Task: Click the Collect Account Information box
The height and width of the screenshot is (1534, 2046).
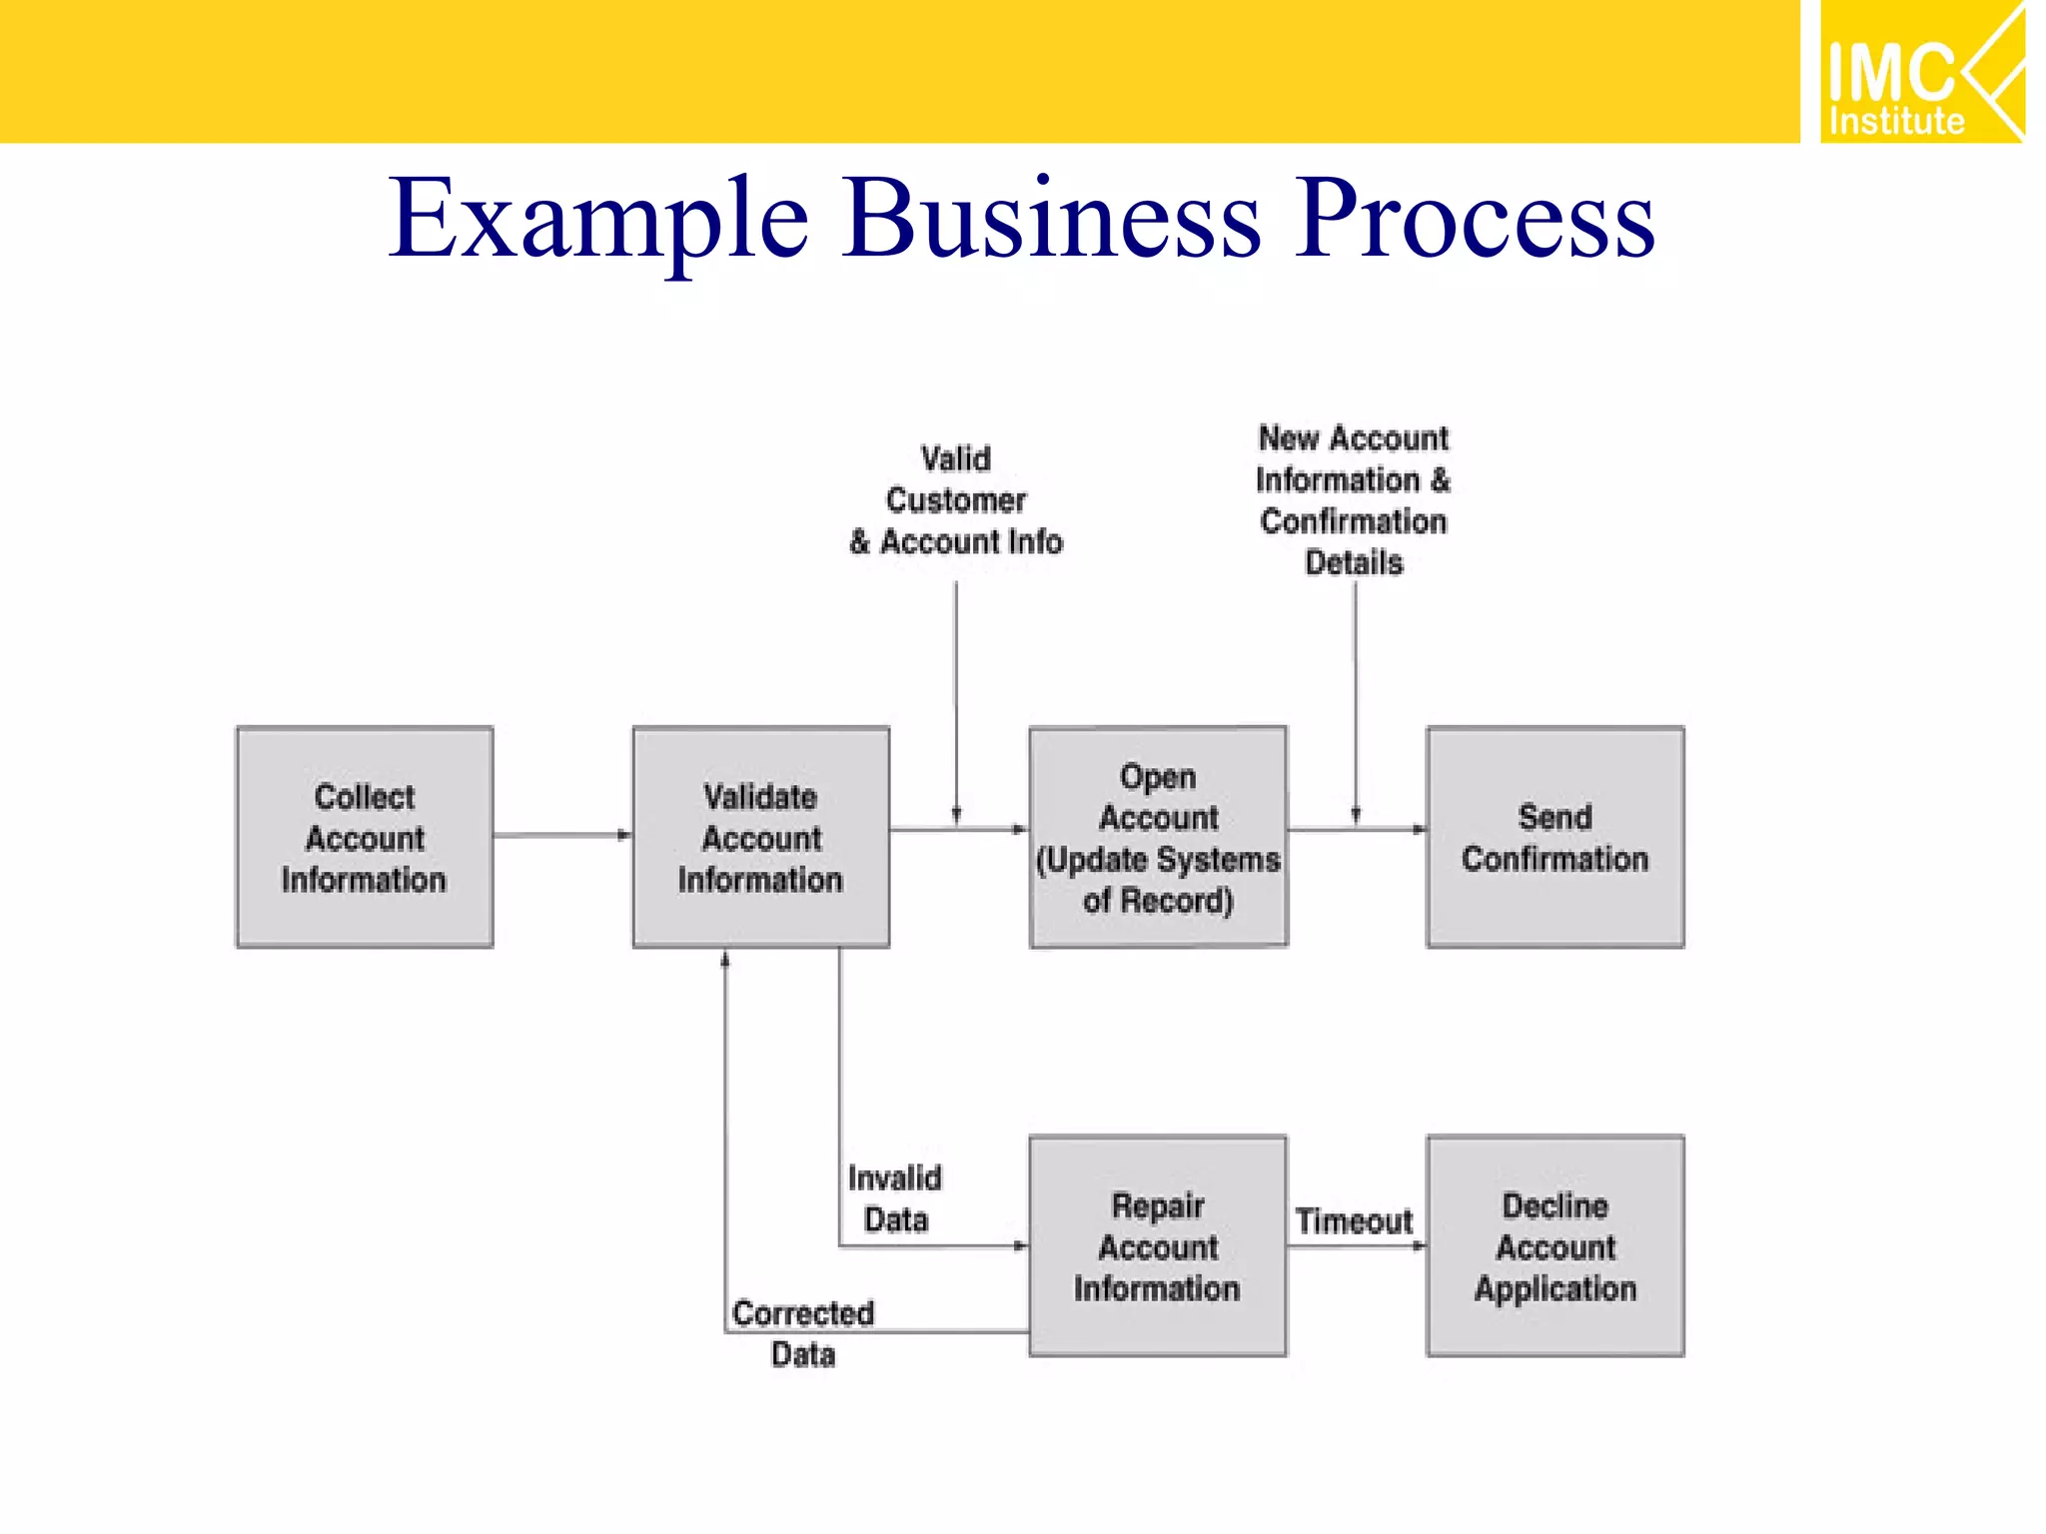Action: [365, 837]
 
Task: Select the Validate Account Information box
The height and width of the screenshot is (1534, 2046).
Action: [760, 837]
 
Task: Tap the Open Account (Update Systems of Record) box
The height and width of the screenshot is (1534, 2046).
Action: [1158, 837]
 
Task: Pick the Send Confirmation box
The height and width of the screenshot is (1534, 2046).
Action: [1554, 837]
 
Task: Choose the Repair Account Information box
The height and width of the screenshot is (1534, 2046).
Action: [1157, 1245]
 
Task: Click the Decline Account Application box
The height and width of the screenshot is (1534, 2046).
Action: [1554, 1245]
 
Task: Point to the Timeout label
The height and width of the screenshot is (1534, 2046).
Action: [1354, 1220]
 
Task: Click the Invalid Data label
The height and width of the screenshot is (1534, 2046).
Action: [895, 1198]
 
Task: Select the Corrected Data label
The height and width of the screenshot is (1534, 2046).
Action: [803, 1333]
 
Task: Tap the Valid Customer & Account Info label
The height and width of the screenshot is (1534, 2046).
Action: [956, 500]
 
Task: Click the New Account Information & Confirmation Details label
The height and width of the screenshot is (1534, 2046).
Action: [1354, 500]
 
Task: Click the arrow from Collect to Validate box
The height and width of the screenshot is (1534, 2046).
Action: [561, 835]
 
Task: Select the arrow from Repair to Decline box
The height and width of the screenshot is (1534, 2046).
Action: [1357, 1245]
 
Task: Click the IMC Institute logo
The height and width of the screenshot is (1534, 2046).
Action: [1921, 72]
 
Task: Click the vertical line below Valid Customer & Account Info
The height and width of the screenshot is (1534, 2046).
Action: [956, 699]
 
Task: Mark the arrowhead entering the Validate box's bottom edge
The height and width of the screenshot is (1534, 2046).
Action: [725, 960]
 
